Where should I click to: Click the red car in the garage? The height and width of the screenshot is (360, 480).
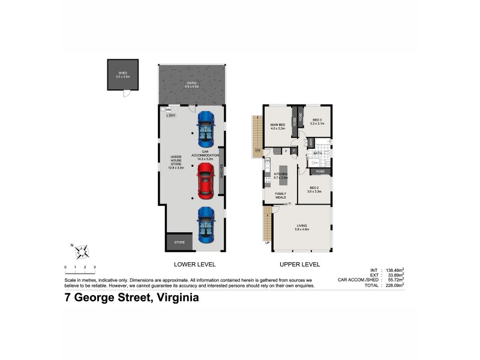(x=205, y=182)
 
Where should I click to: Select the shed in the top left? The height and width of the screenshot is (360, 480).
(x=123, y=75)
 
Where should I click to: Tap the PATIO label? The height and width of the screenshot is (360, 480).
(x=191, y=85)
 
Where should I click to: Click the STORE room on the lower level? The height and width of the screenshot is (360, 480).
(x=179, y=242)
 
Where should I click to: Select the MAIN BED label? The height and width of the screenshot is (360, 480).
(x=277, y=126)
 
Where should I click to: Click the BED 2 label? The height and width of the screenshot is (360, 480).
(x=315, y=190)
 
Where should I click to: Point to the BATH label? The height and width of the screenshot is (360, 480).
(x=317, y=154)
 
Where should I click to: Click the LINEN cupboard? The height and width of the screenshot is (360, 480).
(x=310, y=143)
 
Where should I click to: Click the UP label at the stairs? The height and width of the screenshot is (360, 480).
(x=267, y=243)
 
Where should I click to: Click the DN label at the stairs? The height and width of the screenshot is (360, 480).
(x=257, y=150)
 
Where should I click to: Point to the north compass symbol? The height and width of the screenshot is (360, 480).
(x=85, y=250)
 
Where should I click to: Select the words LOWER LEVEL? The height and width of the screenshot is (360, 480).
(x=194, y=265)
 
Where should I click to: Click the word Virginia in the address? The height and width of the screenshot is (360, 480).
(x=177, y=297)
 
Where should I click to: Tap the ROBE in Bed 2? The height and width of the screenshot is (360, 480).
(x=320, y=171)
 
